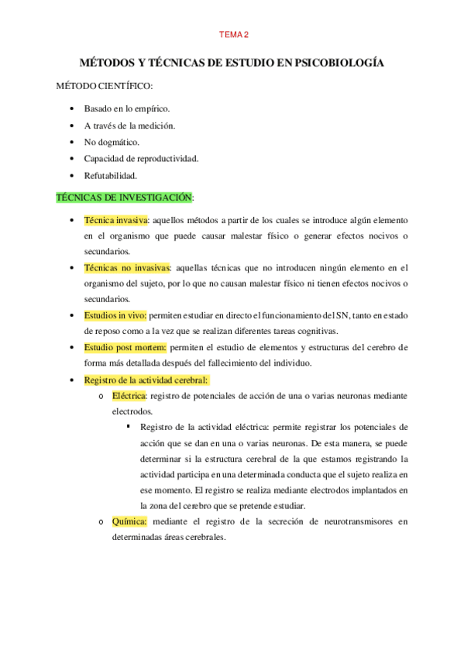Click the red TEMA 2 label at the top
[233, 34]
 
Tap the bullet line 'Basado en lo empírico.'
[126, 108]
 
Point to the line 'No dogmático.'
[112, 142]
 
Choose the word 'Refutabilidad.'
[111, 175]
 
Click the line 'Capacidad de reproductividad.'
[141, 158]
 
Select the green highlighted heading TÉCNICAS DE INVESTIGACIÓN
[125, 197]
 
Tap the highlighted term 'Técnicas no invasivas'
[127, 267]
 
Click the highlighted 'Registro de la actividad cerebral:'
[146, 380]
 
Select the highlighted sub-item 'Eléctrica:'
[129, 396]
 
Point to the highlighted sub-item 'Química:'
[129, 521]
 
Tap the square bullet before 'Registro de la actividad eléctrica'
[128, 427]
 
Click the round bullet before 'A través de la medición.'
[71, 126]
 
